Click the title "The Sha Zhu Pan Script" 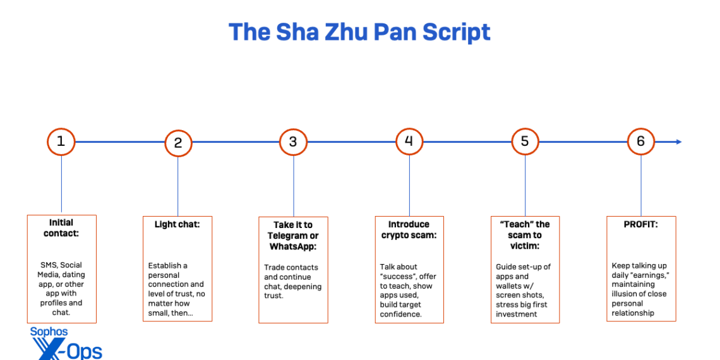point(359,32)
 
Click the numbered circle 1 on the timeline point(61,141)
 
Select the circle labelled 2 point(178,143)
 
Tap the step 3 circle point(293,142)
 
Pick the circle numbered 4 point(409,141)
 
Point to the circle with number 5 point(525,141)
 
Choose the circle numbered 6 point(641,141)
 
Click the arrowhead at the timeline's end point(678,141)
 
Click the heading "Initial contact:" point(61,228)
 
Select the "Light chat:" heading point(177,224)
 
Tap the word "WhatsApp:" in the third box point(293,246)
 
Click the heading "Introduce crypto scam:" point(409,230)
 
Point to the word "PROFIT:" point(640,224)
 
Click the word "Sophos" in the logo point(49,332)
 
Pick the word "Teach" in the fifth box point(518,224)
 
